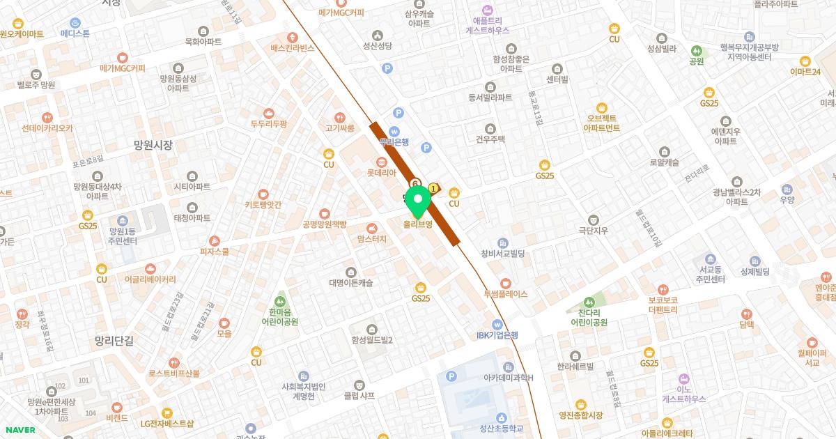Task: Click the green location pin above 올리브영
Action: [418, 202]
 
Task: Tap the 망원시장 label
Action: [153, 145]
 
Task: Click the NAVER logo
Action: [20, 430]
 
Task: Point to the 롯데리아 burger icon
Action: [381, 162]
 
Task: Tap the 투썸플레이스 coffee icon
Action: [506, 283]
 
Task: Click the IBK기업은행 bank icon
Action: [497, 324]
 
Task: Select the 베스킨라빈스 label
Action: [293, 48]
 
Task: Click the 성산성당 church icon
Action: [378, 36]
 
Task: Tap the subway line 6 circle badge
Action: [416, 183]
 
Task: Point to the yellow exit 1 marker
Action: [434, 187]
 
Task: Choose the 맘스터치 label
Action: [371, 239]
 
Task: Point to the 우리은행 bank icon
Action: [394, 131]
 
